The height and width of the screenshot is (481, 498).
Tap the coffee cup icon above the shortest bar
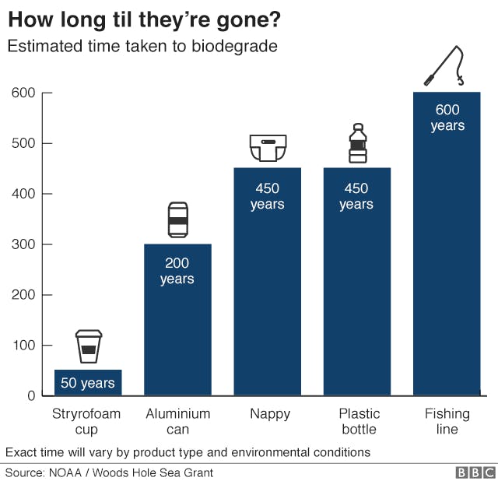click(x=88, y=346)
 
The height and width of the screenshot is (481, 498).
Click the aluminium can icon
click(x=177, y=219)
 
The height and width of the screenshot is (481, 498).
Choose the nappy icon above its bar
click(x=267, y=148)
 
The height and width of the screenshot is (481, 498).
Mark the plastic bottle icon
click(x=357, y=144)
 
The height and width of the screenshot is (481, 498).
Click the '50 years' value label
click(x=88, y=383)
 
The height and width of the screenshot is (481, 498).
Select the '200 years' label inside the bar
click(x=177, y=272)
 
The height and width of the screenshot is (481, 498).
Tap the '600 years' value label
click(x=447, y=118)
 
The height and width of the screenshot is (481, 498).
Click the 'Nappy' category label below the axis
click(x=267, y=414)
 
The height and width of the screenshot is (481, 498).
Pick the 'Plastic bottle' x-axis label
click(x=357, y=421)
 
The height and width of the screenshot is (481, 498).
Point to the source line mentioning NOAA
click(x=109, y=472)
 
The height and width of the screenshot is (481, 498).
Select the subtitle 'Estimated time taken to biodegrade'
click(x=142, y=46)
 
